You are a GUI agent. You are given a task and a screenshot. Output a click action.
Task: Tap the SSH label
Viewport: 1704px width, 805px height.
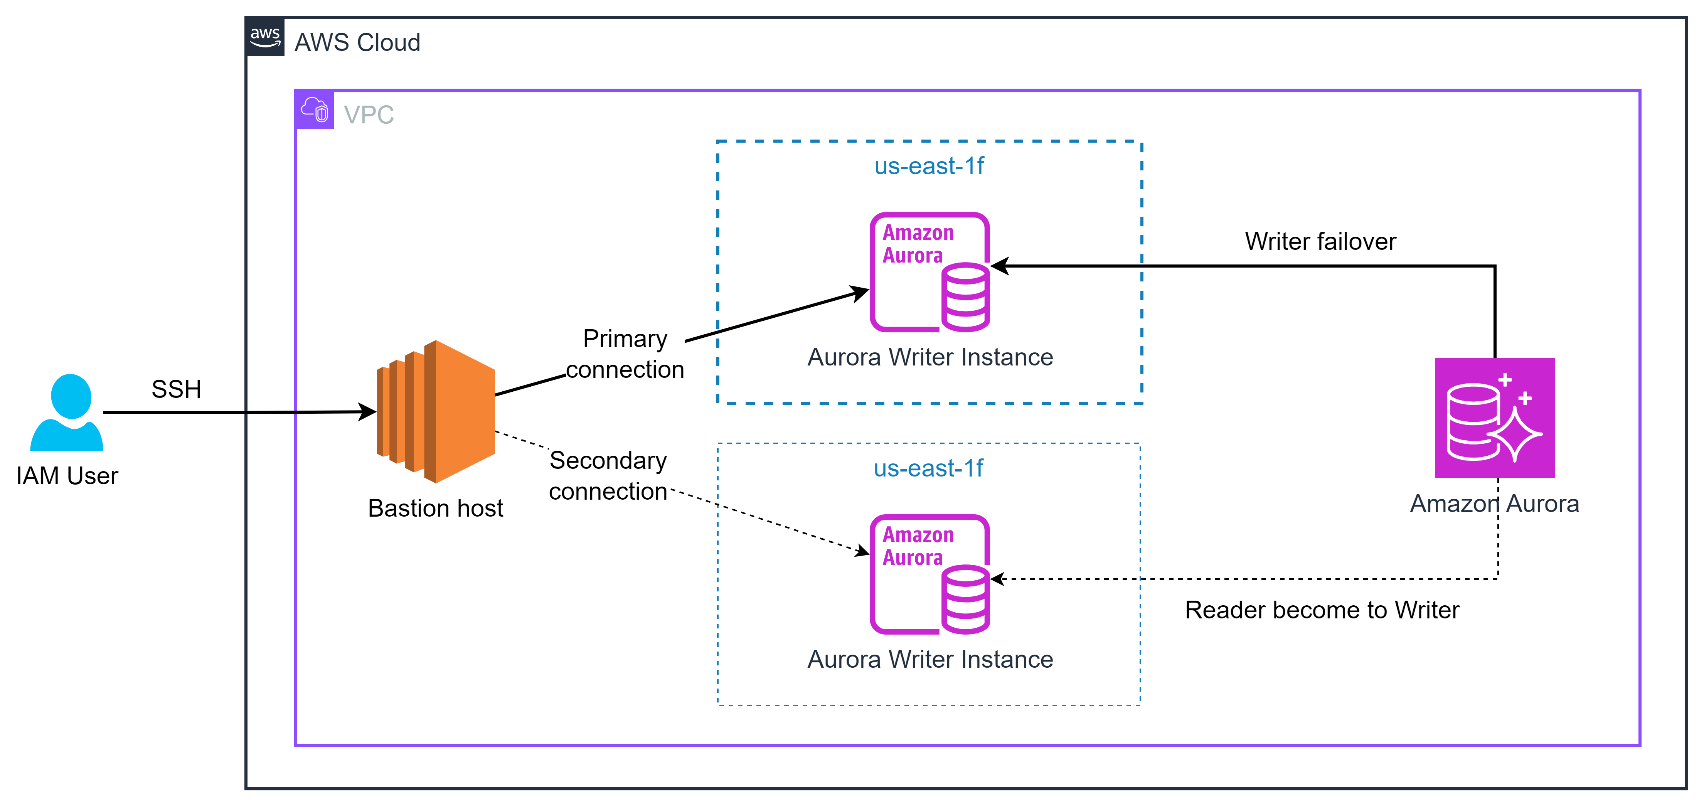point(176,389)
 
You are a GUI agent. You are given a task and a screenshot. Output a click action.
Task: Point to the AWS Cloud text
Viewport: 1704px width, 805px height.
point(357,42)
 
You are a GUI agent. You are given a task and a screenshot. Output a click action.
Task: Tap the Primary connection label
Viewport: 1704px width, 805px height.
point(625,354)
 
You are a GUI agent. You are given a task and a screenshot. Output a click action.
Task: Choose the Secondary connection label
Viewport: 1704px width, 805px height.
point(608,476)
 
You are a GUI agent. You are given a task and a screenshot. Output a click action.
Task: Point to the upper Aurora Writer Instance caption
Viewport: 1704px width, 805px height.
point(929,357)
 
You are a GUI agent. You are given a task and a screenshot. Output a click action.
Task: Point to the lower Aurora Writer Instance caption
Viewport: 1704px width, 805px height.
point(929,660)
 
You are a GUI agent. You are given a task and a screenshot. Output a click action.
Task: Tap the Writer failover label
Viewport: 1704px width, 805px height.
point(1320,241)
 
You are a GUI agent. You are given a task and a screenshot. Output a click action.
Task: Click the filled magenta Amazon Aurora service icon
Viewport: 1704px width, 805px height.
point(1494,418)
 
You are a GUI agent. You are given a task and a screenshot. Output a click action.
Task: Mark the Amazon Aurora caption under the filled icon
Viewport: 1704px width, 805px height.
point(1494,504)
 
